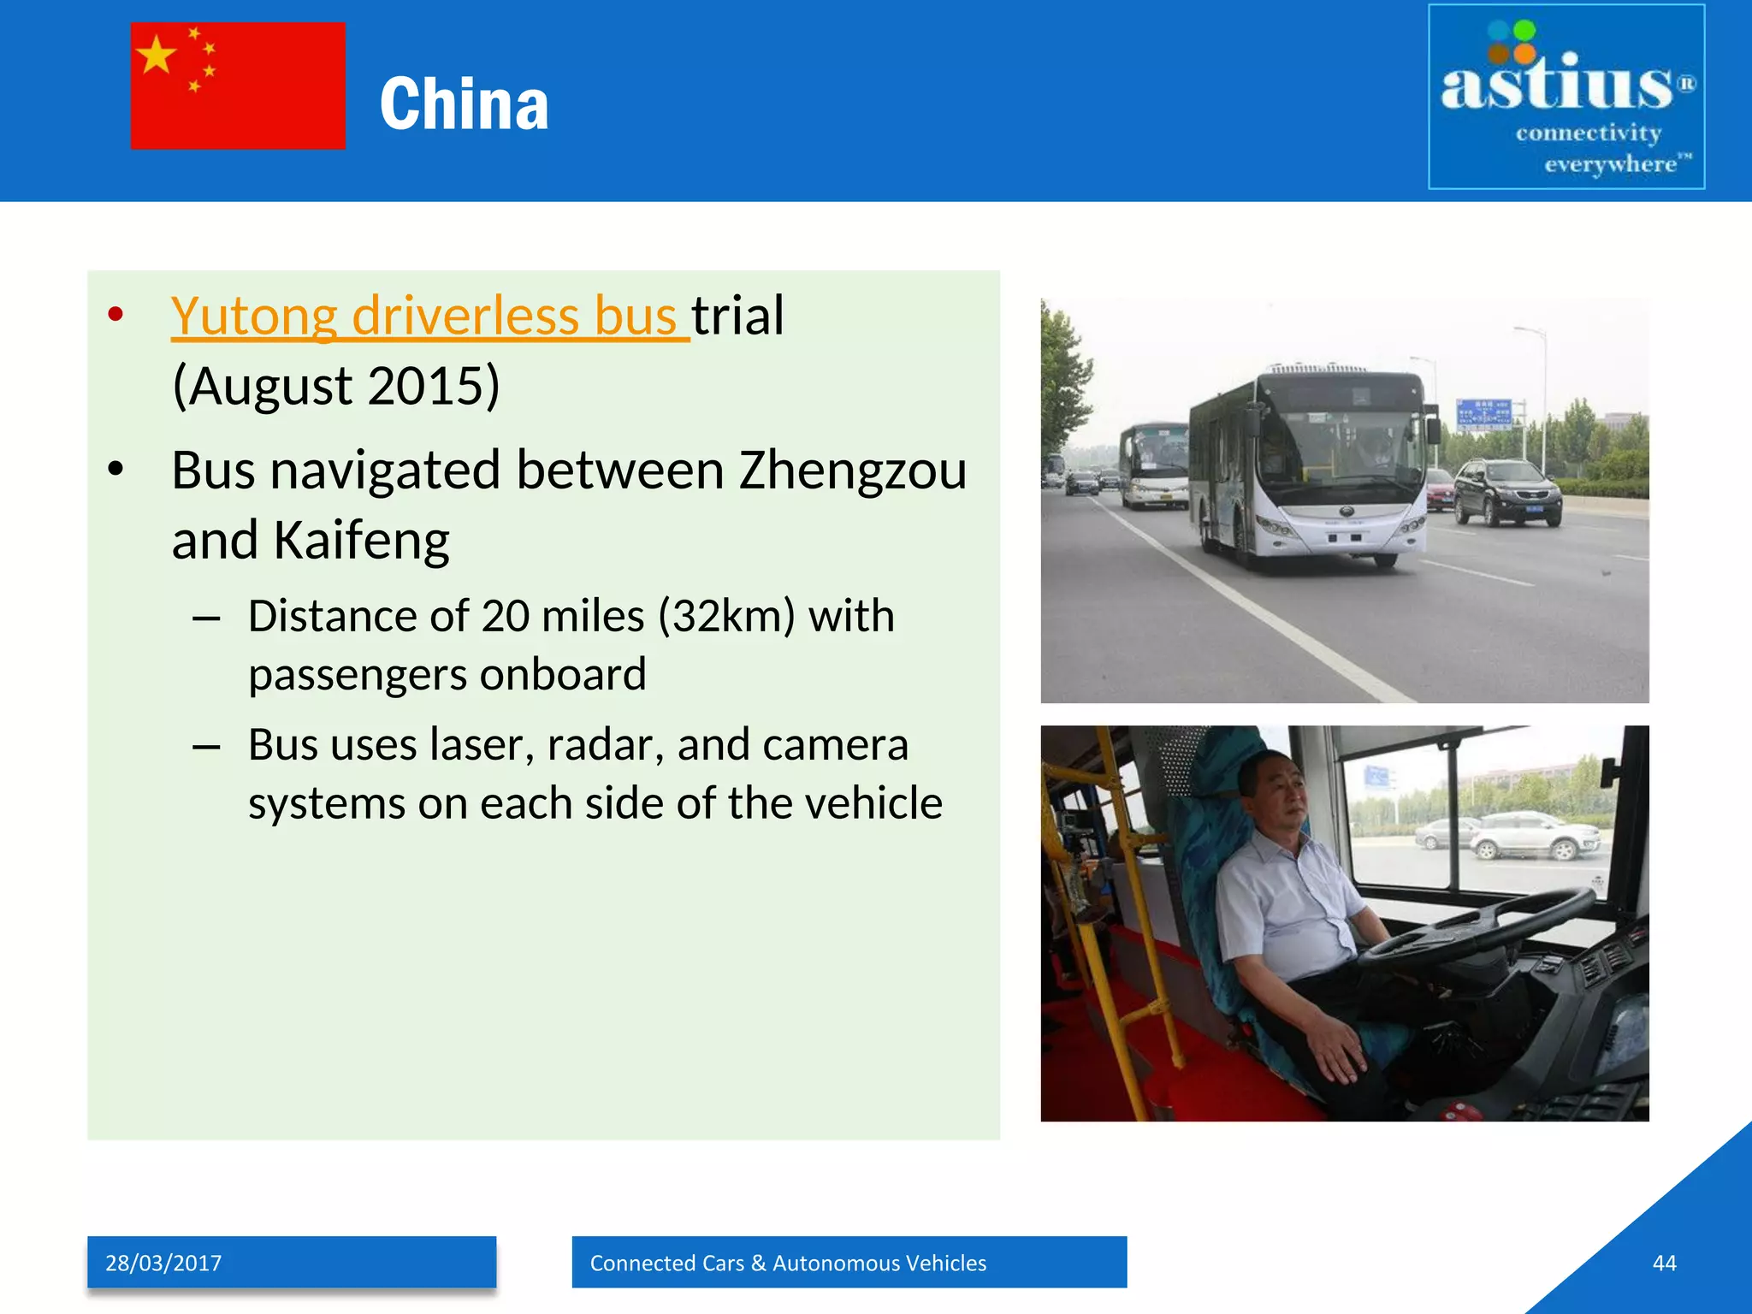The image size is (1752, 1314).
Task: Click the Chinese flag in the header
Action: click(x=238, y=86)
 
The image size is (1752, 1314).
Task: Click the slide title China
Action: click(x=464, y=104)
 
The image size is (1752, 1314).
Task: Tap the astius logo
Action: click(x=1566, y=97)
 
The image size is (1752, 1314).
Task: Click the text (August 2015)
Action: click(x=335, y=386)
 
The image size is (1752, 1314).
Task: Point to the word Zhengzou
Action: click(x=852, y=471)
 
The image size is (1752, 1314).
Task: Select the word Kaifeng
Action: click(x=360, y=541)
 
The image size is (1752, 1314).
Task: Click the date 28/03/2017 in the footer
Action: click(x=163, y=1263)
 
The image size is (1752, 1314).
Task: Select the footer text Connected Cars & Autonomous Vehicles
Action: click(x=788, y=1263)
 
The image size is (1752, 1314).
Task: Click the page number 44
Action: click(x=1664, y=1263)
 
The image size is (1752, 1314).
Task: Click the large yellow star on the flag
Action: click(x=157, y=56)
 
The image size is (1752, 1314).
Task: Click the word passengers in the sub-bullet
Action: click(x=357, y=674)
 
